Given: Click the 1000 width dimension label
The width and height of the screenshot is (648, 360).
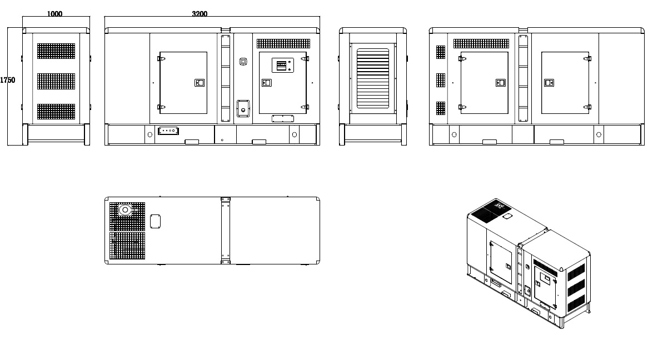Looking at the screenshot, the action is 54,14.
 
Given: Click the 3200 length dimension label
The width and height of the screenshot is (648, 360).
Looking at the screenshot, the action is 200,14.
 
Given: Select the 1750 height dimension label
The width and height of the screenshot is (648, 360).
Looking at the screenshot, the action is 7,80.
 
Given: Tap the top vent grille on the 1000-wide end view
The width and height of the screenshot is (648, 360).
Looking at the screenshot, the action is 56,51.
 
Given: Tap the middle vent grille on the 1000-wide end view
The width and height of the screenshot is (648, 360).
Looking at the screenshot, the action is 56,82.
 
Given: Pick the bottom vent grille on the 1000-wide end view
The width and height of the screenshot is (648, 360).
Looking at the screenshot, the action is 56,112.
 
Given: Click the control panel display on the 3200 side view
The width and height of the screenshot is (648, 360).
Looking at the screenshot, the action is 281,66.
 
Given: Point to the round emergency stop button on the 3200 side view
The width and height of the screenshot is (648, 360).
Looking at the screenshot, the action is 243,62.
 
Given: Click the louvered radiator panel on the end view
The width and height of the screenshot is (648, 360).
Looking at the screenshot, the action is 373,78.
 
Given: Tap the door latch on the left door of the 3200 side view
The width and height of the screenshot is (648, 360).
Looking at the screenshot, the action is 200,83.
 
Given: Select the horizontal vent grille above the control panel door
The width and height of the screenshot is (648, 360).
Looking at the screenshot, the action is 283,43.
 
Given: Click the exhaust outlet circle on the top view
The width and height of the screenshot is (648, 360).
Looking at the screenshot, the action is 125,211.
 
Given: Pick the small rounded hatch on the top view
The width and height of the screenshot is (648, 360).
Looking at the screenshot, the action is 155,221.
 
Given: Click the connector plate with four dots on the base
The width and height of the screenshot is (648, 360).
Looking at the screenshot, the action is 168,131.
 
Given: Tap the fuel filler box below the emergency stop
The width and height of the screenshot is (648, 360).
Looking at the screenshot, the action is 243,108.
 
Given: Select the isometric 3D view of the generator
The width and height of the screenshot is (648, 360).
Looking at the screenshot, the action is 529,263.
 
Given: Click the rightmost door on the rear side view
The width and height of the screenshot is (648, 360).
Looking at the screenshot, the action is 565,83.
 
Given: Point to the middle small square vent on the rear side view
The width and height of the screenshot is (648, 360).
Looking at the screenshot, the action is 441,80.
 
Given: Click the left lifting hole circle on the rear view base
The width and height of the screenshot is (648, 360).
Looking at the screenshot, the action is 454,134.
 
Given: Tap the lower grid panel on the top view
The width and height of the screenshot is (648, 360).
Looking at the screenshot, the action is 127,246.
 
